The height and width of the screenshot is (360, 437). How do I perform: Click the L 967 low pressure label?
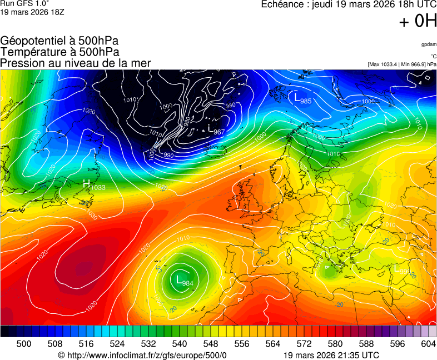click(x=216, y=131)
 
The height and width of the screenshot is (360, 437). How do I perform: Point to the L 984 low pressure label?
click(x=184, y=282)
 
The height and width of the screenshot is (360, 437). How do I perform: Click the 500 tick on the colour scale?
click(x=24, y=344)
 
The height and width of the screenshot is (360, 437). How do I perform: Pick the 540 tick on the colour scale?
click(x=180, y=344)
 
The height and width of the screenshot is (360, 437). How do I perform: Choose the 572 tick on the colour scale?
click(x=304, y=344)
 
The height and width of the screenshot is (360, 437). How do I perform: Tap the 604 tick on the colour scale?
click(x=428, y=344)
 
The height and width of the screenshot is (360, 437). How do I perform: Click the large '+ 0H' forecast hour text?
click(x=418, y=22)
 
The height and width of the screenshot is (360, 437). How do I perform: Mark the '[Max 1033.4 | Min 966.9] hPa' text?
click(x=402, y=64)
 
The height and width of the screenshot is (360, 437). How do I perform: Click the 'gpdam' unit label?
click(x=429, y=44)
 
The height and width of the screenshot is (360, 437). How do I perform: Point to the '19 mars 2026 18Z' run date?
click(x=32, y=12)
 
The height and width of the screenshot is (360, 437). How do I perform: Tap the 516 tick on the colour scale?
click(x=86, y=344)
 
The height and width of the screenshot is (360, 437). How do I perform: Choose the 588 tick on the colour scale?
click(x=366, y=344)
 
